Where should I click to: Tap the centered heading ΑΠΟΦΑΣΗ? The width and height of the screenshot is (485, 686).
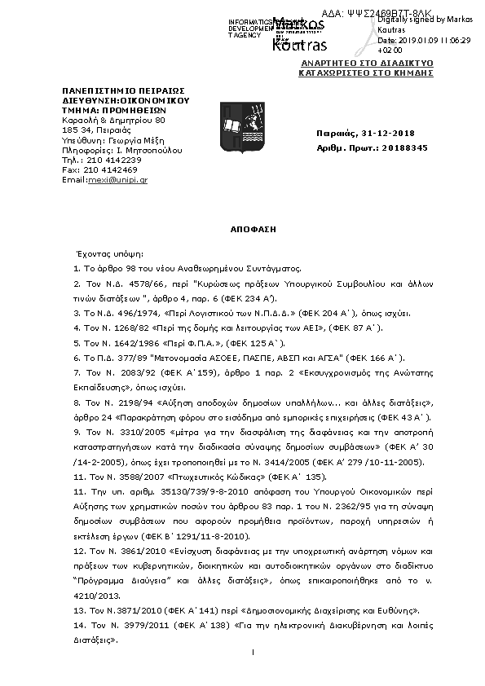(254, 230)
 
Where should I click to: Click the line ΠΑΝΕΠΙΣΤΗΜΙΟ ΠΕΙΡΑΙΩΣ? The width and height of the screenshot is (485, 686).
(124, 90)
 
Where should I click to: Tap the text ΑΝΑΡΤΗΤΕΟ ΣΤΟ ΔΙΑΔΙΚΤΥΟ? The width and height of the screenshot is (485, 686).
(367, 63)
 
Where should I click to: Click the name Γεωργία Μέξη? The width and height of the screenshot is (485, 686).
(143, 140)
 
